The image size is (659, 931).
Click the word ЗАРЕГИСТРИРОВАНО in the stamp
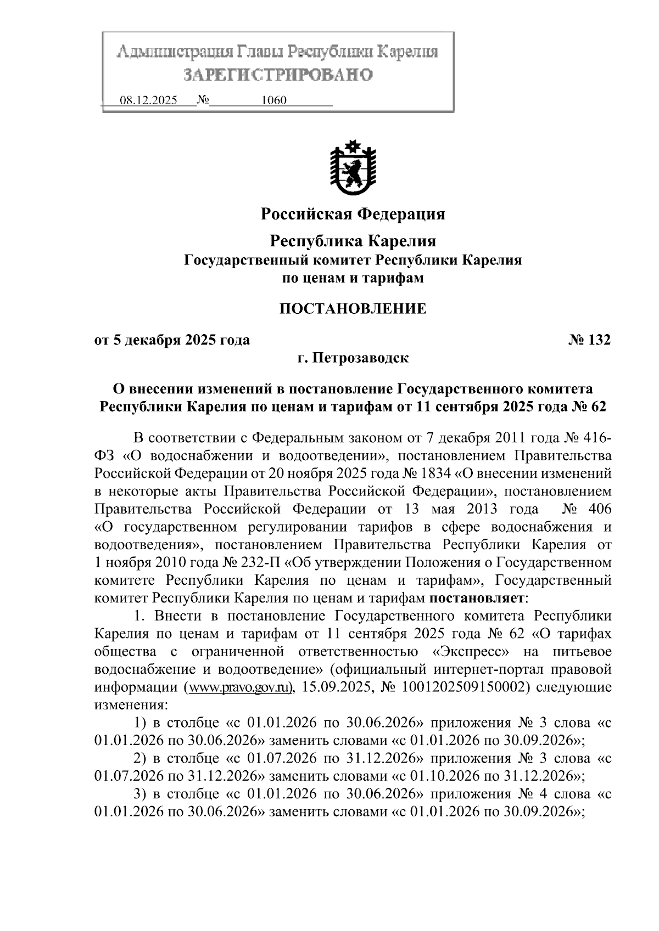(277, 74)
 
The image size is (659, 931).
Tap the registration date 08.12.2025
(148, 101)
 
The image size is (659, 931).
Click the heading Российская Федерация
(353, 213)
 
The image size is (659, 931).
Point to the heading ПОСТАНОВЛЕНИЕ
(353, 309)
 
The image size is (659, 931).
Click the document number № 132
(589, 340)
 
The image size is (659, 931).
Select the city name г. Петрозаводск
(353, 358)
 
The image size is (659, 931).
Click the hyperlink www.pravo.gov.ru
(239, 687)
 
